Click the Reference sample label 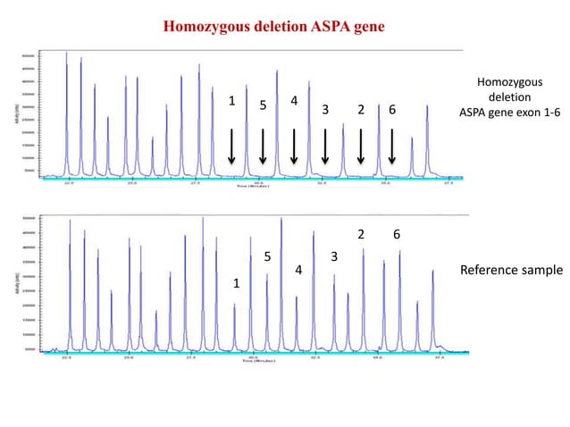tap(511, 270)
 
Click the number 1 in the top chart tap(231, 101)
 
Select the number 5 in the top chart tap(263, 106)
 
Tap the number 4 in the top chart tap(294, 100)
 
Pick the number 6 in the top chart tap(392, 110)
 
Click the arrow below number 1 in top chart tap(231, 147)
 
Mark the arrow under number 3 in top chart tap(325, 147)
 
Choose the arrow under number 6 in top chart tap(392, 147)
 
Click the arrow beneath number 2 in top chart tap(360, 147)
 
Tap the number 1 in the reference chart tap(237, 283)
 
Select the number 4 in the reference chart tap(298, 270)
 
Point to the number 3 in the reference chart tap(333, 257)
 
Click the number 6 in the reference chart tap(396, 234)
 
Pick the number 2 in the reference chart tap(360, 234)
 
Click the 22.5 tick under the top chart tap(68, 186)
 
